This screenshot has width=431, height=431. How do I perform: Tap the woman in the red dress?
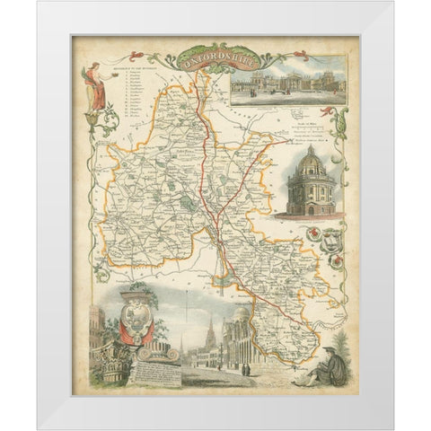click(x=92, y=86)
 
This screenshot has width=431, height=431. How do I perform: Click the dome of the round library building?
click(x=309, y=163)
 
